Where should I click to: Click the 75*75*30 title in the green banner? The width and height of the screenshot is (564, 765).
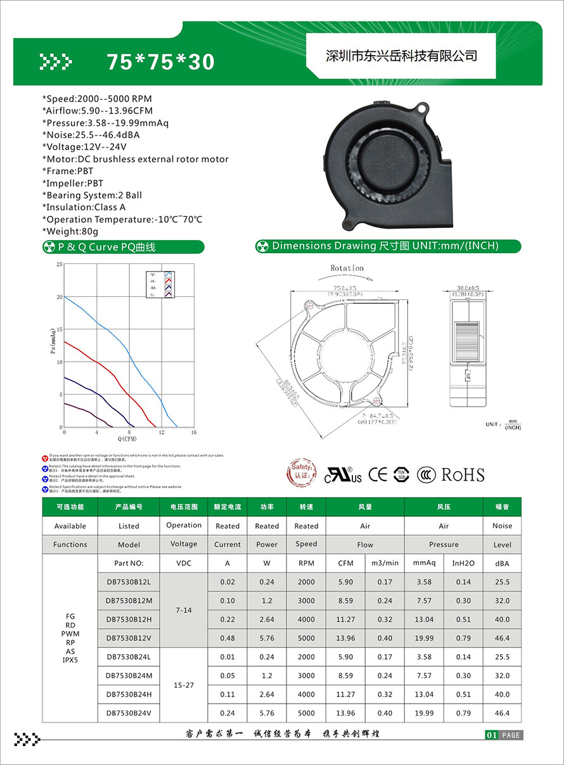pyautogui.click(x=160, y=61)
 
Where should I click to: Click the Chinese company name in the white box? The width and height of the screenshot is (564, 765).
pyautogui.click(x=401, y=56)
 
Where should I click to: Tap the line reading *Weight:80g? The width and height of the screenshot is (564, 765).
pyautogui.click(x=70, y=231)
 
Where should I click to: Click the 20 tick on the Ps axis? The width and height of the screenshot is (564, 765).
pyautogui.click(x=59, y=297)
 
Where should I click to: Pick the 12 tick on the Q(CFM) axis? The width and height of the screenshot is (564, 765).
pyautogui.click(x=162, y=433)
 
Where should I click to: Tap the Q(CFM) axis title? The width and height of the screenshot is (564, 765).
pyautogui.click(x=127, y=439)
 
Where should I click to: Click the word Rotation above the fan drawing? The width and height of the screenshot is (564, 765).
pyautogui.click(x=347, y=268)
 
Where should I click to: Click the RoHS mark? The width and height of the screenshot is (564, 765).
pyautogui.click(x=463, y=474)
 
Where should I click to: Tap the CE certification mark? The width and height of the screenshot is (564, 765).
pyautogui.click(x=378, y=474)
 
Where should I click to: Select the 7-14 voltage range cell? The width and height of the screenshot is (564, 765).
pyautogui.click(x=184, y=610)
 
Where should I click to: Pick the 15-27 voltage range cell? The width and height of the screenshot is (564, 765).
pyautogui.click(x=184, y=685)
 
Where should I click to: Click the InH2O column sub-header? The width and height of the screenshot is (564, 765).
pyautogui.click(x=463, y=563)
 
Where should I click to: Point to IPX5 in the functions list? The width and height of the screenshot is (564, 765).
pyautogui.click(x=70, y=660)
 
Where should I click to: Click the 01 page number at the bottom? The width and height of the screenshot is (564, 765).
pyautogui.click(x=491, y=735)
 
